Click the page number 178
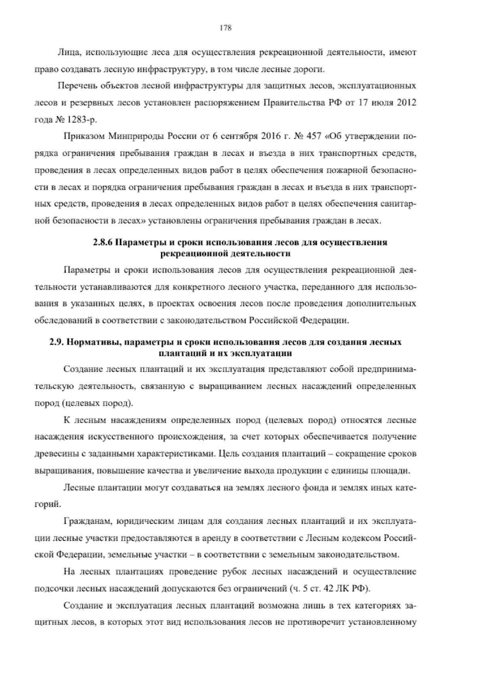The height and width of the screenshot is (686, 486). [225, 28]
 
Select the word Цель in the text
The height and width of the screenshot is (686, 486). [227, 454]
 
